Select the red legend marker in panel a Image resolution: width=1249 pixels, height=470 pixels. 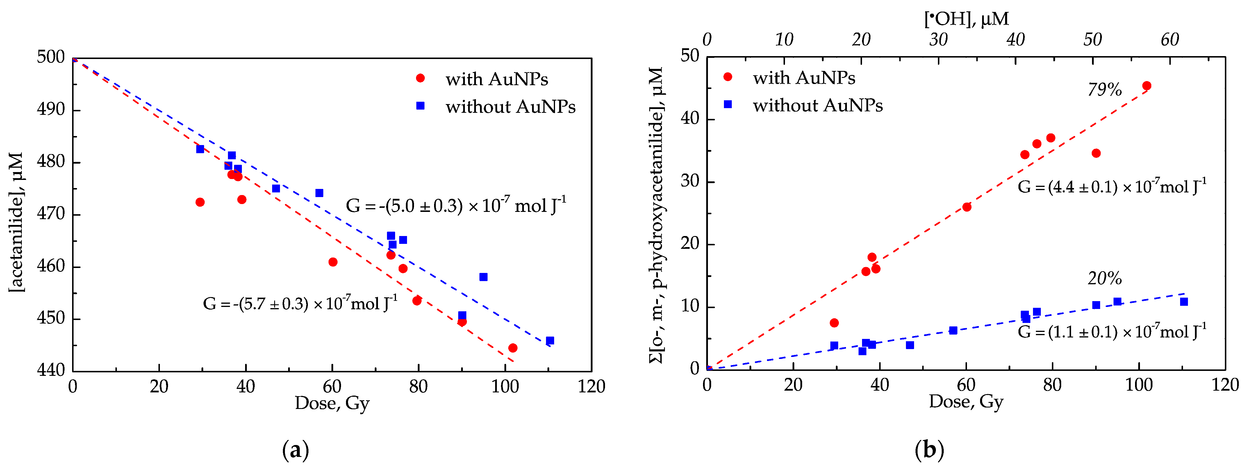420,78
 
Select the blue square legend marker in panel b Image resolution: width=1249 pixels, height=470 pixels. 727,104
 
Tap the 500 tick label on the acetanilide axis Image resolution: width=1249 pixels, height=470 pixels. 50,57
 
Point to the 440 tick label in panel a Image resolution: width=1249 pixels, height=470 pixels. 50,370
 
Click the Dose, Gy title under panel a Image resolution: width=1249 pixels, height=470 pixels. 332,403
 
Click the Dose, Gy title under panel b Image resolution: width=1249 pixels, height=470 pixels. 966,402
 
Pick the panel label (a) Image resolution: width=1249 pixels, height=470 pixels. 295,450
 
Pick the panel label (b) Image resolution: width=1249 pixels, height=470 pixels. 929,450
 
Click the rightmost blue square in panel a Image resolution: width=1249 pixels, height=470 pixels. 550,341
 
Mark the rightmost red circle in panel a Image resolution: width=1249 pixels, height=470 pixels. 513,348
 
